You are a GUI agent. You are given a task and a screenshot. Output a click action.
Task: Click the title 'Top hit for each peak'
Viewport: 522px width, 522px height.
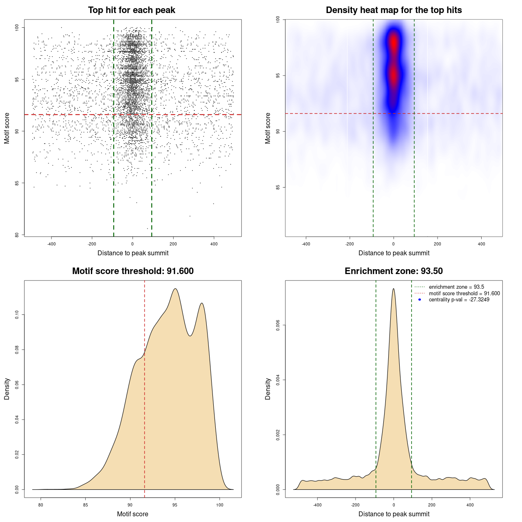[131, 10]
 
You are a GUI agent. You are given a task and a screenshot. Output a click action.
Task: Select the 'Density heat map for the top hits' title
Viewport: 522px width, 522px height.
[394, 10]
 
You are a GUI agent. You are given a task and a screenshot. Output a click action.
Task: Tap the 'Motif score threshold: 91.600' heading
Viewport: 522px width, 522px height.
[133, 271]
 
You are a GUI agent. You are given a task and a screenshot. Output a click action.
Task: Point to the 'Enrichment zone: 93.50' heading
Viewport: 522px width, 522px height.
[394, 271]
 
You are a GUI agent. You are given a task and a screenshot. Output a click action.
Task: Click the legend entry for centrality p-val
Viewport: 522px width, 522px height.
[459, 300]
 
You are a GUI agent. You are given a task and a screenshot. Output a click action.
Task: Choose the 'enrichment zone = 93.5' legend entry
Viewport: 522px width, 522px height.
[456, 287]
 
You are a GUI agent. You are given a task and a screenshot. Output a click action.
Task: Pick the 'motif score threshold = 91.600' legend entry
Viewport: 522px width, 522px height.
[464, 294]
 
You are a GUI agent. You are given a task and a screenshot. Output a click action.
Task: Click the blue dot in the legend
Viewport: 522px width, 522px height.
[420, 300]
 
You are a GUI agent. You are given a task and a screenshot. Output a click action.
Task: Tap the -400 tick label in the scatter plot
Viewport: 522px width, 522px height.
[51, 244]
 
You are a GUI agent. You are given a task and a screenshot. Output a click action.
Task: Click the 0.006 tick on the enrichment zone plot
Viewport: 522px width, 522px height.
[278, 325]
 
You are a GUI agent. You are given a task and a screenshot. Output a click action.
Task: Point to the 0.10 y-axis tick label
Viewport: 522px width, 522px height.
[17, 315]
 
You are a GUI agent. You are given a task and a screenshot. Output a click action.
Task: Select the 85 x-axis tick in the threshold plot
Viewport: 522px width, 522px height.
[85, 505]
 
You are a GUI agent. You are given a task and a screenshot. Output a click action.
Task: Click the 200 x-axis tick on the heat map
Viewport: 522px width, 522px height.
[437, 244]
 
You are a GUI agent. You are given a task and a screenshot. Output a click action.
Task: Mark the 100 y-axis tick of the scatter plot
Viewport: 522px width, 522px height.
[17, 27]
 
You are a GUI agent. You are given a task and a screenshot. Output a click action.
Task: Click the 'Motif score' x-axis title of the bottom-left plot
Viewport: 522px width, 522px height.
[133, 514]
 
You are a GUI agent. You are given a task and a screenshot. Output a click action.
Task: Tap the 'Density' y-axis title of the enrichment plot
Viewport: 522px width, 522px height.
[268, 389]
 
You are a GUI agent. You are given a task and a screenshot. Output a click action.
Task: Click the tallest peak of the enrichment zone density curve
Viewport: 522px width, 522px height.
[394, 289]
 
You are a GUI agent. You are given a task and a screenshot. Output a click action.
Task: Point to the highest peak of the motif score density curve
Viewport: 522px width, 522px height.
[175, 289]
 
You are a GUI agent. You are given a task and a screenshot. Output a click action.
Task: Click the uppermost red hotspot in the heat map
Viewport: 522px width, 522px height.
[394, 42]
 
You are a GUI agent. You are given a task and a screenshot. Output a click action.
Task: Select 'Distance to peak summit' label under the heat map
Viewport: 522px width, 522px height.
[394, 253]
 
